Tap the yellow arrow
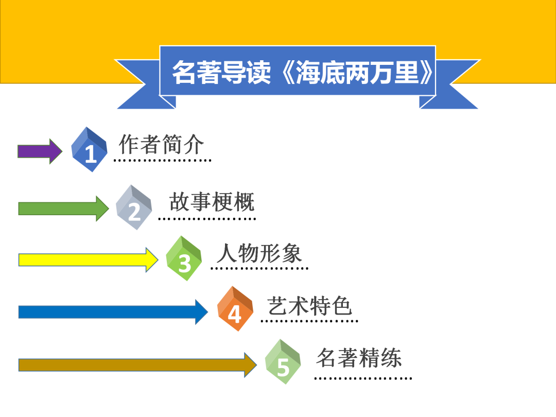(x=88, y=259)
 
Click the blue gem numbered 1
(x=90, y=149)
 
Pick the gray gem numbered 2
(x=134, y=207)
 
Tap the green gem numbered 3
(x=184, y=258)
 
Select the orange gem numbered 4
(x=235, y=309)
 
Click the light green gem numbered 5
(x=283, y=362)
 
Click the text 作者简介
(x=162, y=144)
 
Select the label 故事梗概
(x=212, y=202)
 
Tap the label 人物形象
(x=259, y=253)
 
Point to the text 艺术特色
(x=309, y=306)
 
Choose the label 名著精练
(x=359, y=358)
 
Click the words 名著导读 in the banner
(x=221, y=73)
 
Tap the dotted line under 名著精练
(x=363, y=378)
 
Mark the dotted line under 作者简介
(x=162, y=160)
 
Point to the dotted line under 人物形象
(x=259, y=268)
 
